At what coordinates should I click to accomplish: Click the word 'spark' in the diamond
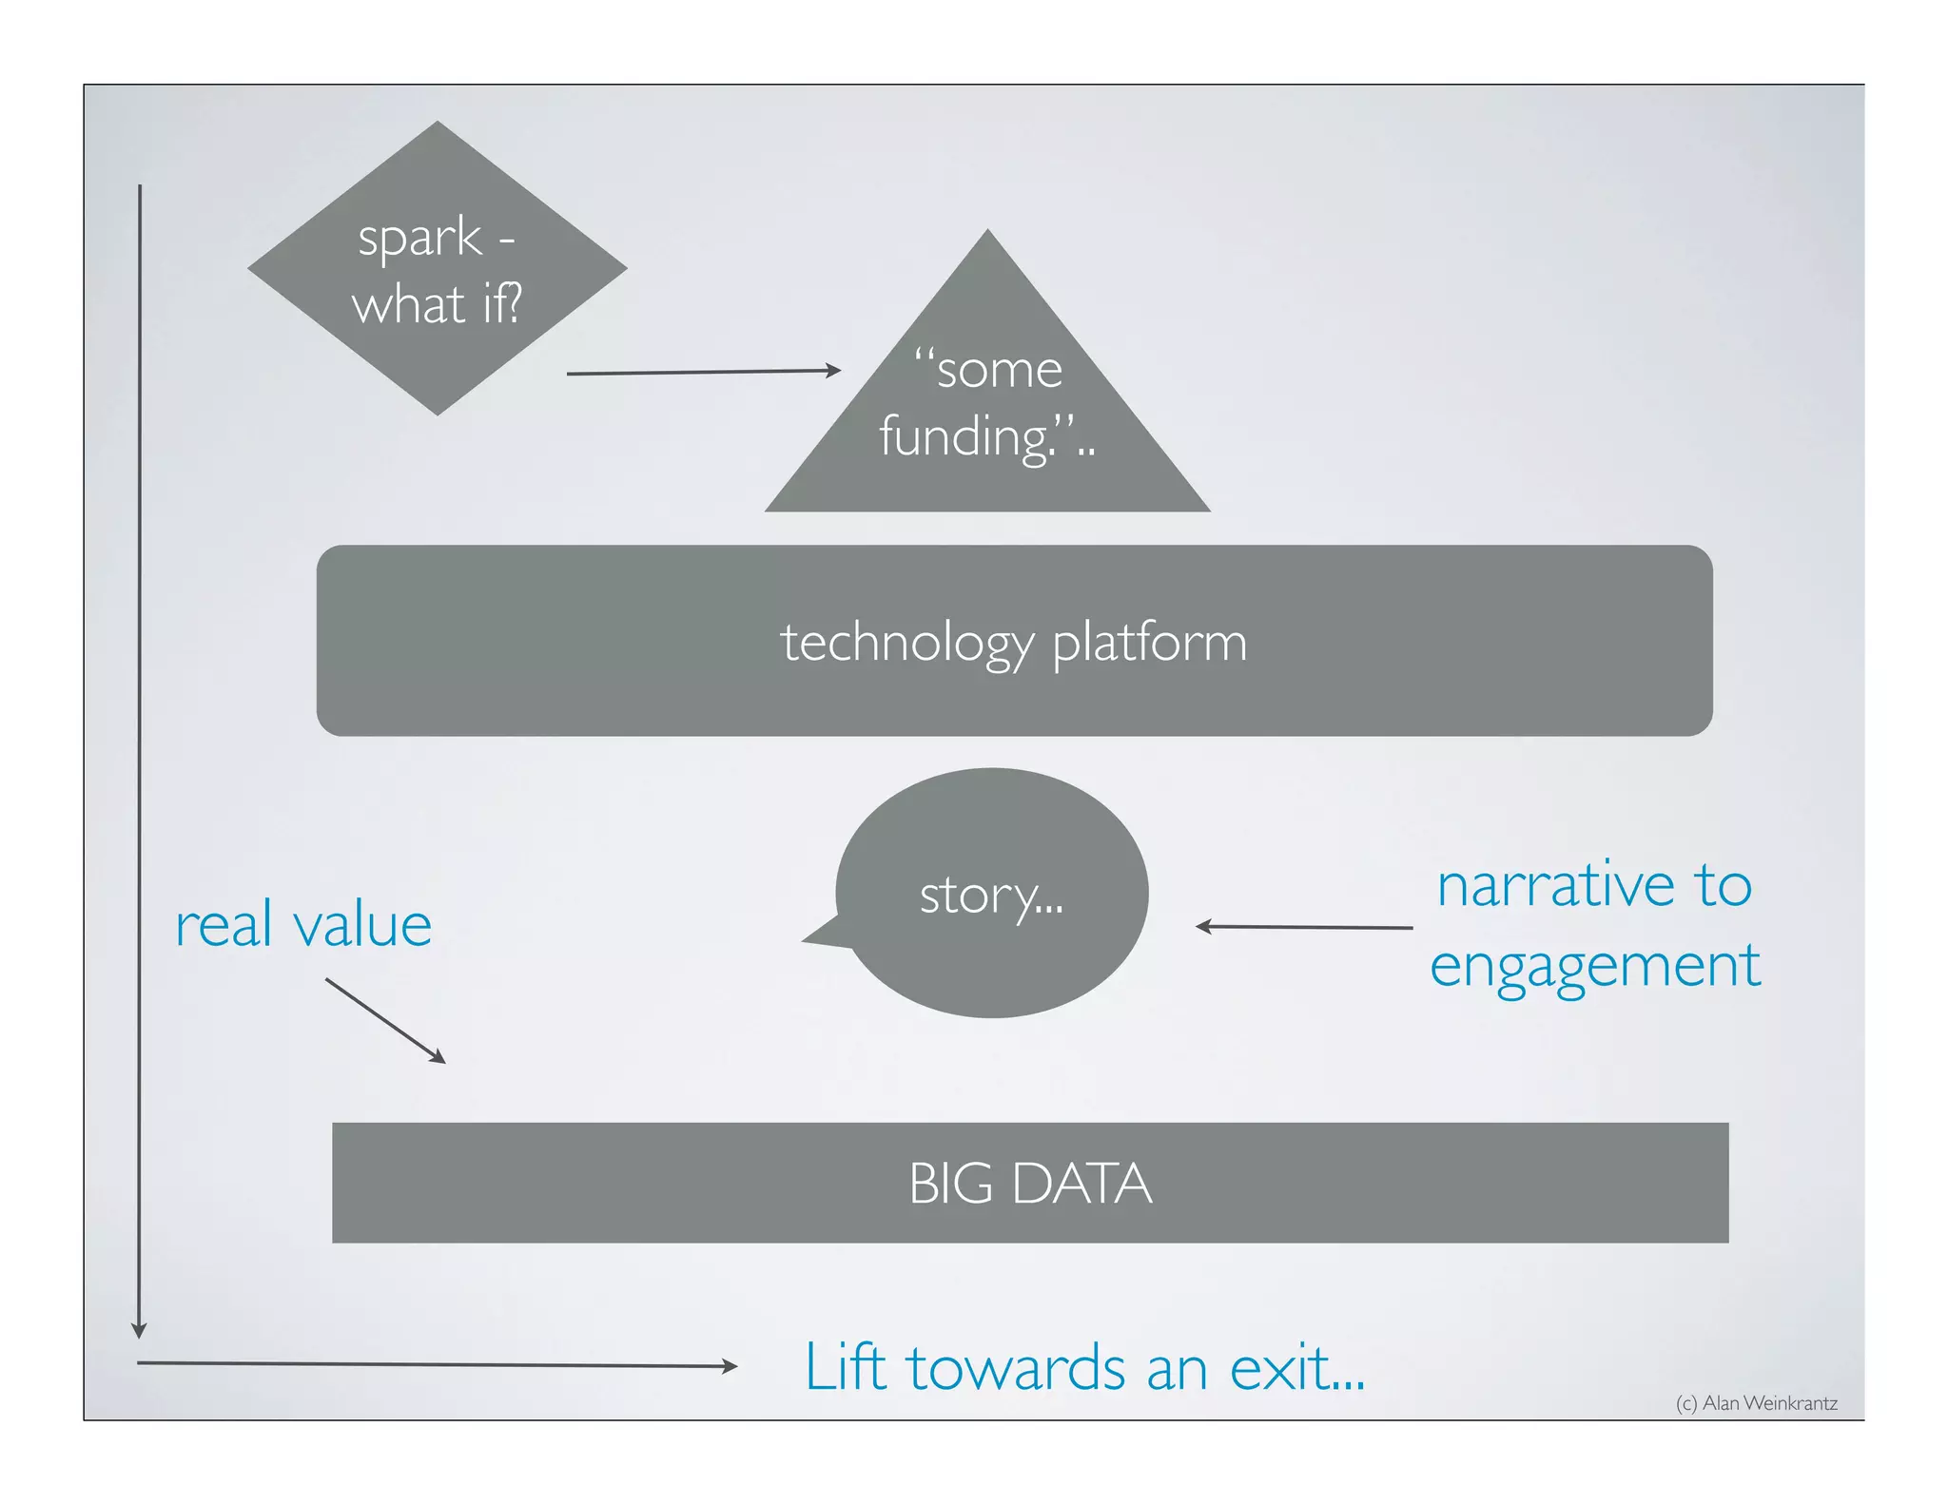pos(419,238)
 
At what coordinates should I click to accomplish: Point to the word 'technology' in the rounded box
pos(906,643)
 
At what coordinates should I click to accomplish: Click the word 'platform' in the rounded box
pos(1149,643)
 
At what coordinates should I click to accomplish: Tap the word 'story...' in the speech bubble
pos(991,896)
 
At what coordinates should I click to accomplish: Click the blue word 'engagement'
pos(1595,966)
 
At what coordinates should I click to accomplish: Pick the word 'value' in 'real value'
pos(361,926)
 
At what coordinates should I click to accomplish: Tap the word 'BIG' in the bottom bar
pos(950,1184)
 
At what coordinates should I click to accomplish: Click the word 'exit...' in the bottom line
pos(1296,1369)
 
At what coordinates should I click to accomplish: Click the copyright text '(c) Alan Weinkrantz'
pos(1756,1403)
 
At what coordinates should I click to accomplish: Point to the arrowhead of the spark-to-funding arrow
pos(834,370)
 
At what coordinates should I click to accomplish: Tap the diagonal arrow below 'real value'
pos(384,1020)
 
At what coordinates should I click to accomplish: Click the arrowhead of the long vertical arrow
pos(139,1330)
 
